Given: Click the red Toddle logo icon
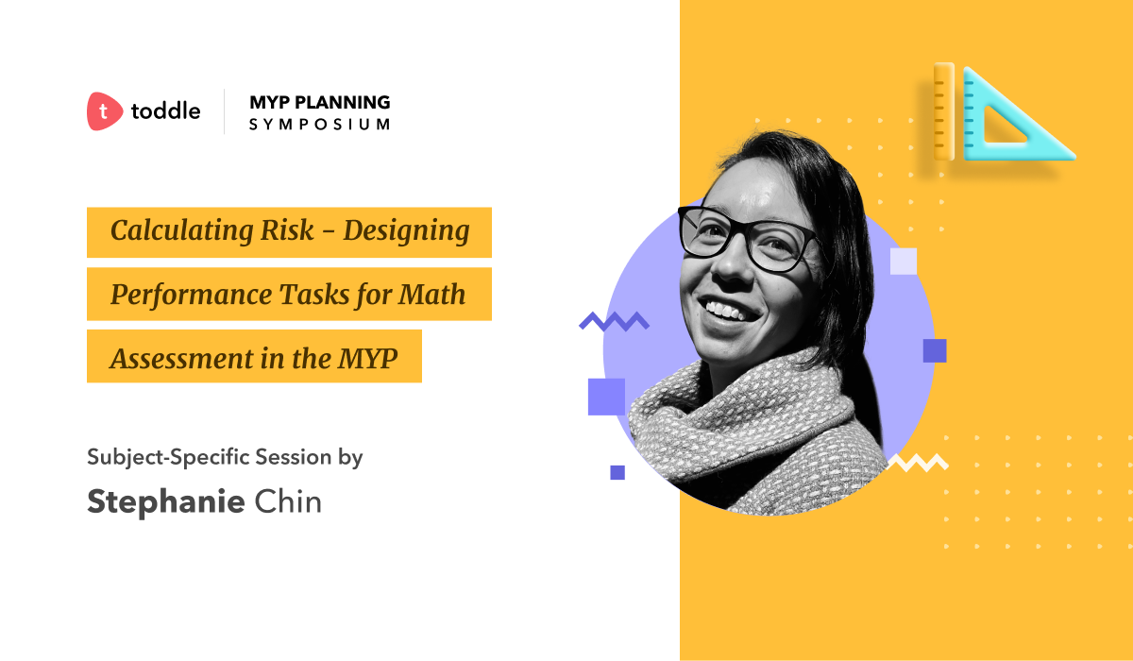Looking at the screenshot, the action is (104, 111).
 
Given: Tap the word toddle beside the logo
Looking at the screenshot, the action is (166, 110).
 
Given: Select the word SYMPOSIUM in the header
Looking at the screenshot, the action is (320, 125).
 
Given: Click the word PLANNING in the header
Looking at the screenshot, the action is (343, 102).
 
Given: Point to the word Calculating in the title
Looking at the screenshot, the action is (181, 231).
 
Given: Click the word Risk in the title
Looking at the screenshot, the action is (287, 230).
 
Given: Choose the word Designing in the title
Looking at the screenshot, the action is (407, 231).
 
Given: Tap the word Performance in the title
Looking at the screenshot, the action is (191, 295).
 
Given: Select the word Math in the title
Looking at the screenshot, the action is (431, 295).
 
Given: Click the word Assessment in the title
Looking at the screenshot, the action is (181, 359).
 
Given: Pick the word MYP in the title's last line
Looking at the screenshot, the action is (367, 359).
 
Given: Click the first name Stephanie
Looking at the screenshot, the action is (166, 502).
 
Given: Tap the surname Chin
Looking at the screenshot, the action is (288, 501).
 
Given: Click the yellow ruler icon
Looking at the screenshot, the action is (944, 111).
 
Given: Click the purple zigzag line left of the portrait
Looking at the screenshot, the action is (614, 321).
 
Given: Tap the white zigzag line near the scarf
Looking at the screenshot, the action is (918, 463).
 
